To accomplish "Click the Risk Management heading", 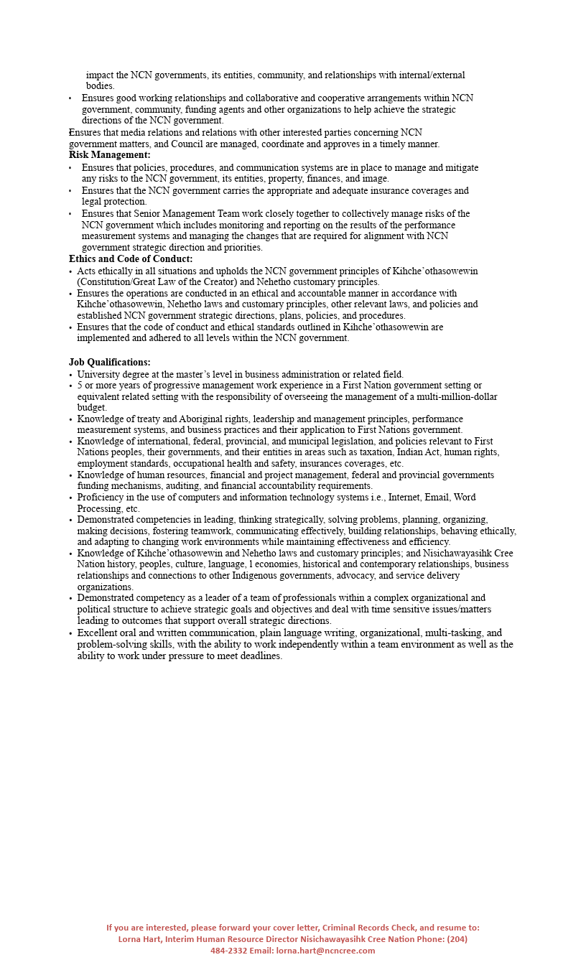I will point(109,155).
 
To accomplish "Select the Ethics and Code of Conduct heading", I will point(131,259).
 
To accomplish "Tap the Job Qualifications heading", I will point(109,363).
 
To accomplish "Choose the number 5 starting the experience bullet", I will point(80,386).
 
